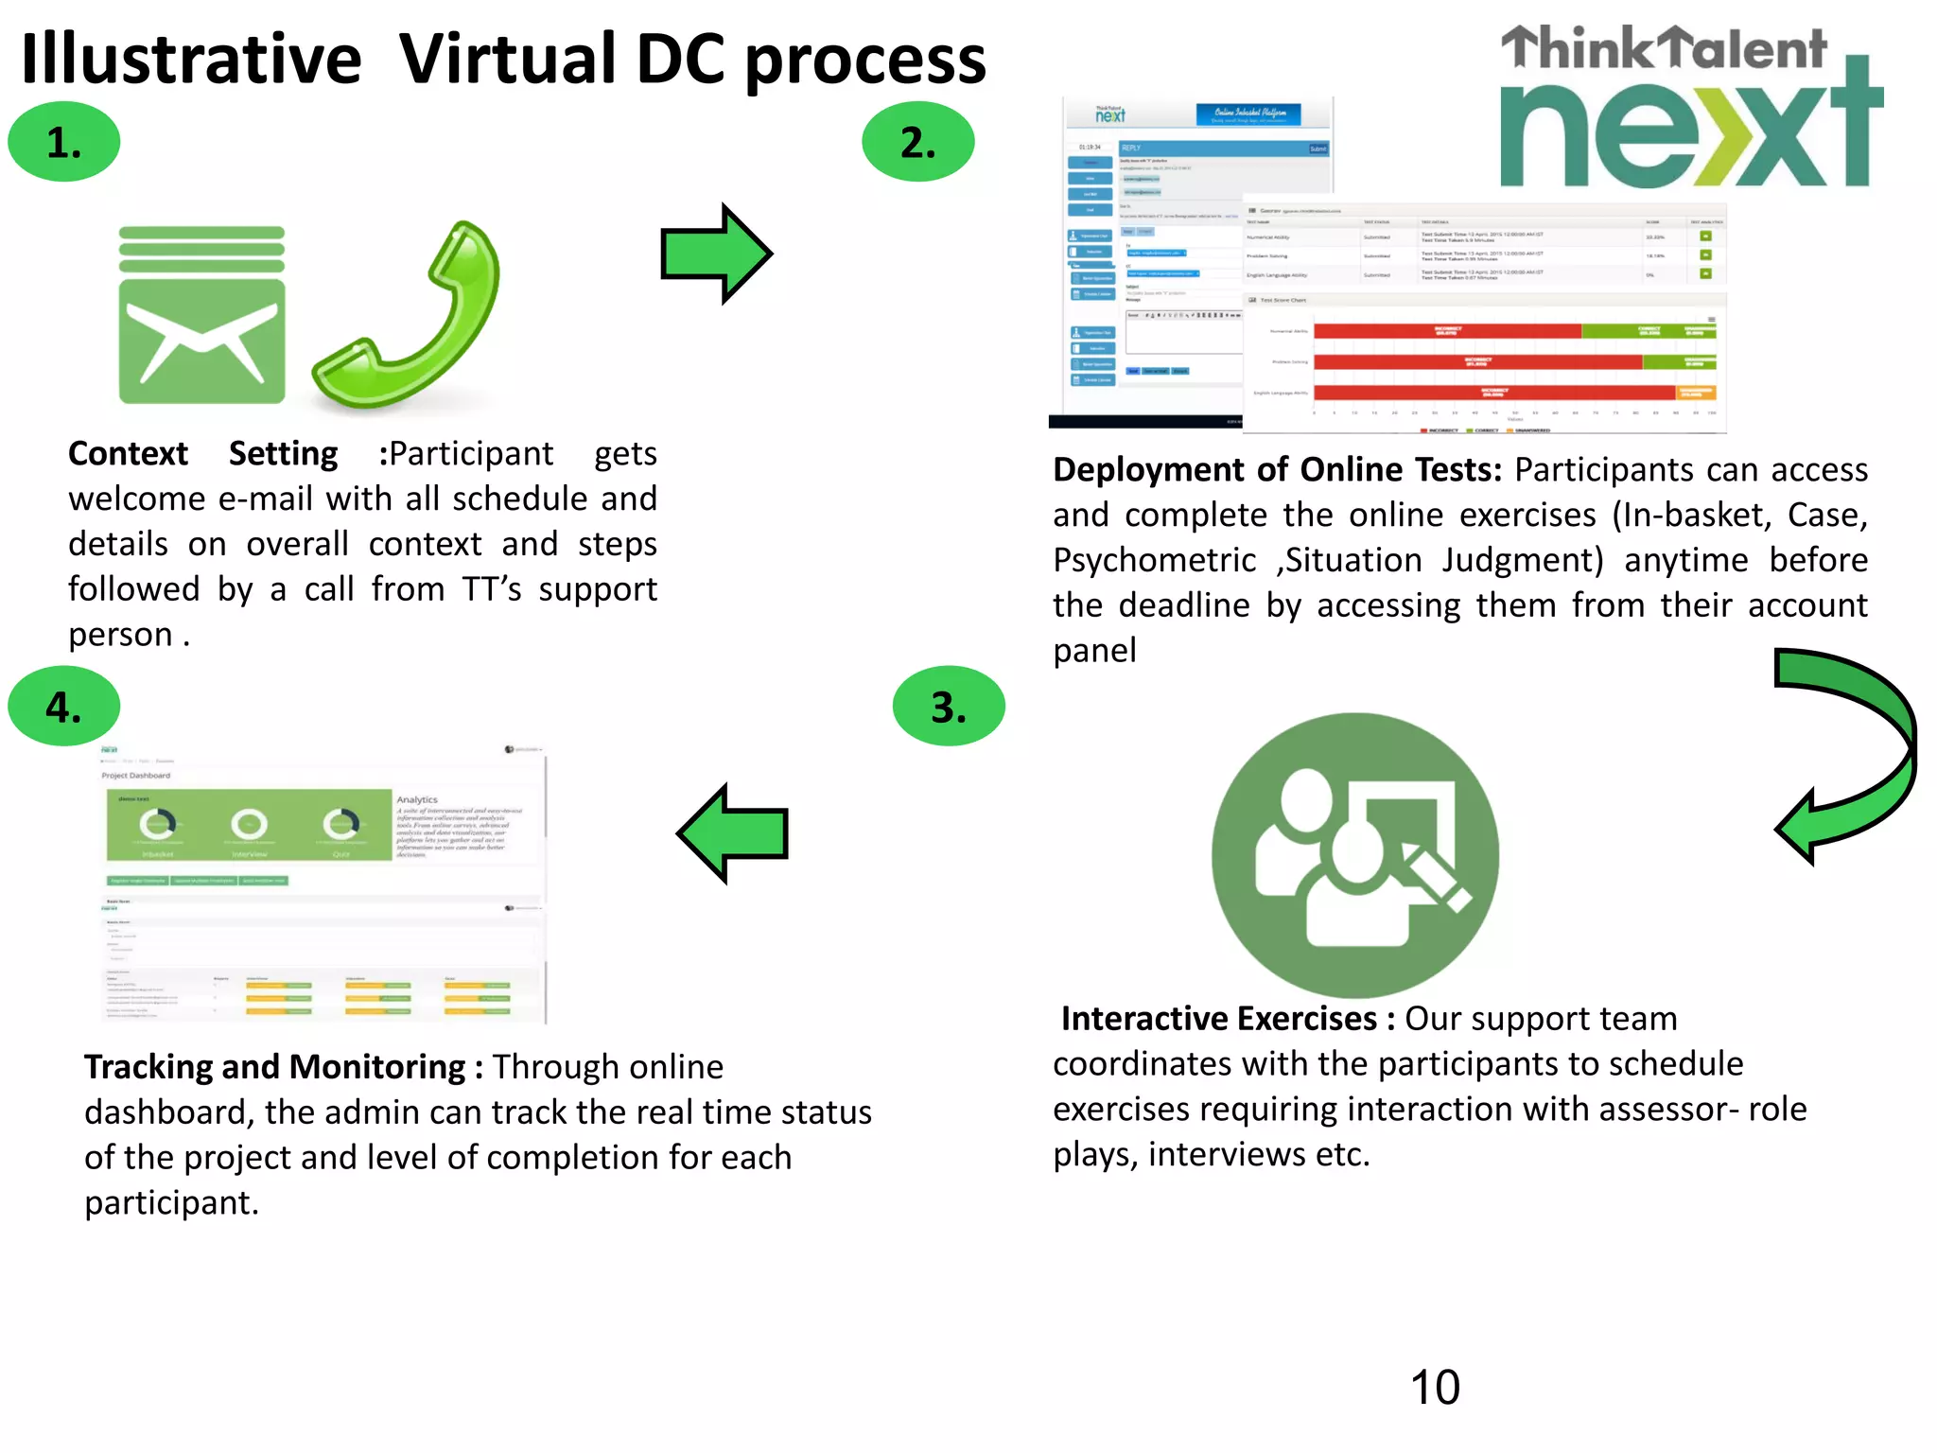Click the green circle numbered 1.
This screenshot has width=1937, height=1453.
[x=64, y=142]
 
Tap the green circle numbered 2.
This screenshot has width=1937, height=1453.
[x=917, y=142]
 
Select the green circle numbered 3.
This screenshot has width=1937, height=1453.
[x=949, y=707]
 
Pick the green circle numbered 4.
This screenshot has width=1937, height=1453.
[x=64, y=707]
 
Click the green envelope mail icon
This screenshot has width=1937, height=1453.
[x=201, y=316]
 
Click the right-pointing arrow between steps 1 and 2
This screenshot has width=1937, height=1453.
[x=716, y=254]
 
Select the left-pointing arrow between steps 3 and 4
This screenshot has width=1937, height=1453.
[x=732, y=833]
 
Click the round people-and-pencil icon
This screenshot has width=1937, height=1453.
[x=1355, y=855]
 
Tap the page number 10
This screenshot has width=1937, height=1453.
[x=1435, y=1388]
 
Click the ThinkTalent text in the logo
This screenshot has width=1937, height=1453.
[x=1665, y=49]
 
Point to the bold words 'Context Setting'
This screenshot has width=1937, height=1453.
[x=202, y=454]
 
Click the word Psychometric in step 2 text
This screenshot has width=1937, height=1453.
[x=1155, y=560]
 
